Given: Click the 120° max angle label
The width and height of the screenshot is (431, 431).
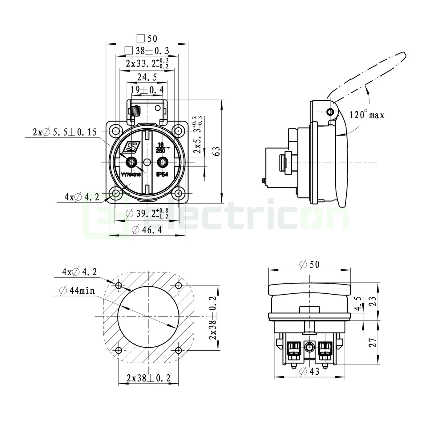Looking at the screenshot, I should (367, 115).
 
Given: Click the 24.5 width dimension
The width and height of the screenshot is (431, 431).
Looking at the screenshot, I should (147, 77).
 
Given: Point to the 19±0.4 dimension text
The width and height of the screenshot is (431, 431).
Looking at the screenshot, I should (147, 90).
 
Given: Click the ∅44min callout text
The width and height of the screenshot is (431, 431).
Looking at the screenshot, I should (77, 290).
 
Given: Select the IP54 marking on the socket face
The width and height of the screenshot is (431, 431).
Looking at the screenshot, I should (162, 174).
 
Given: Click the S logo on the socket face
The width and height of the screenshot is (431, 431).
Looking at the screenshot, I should (131, 147).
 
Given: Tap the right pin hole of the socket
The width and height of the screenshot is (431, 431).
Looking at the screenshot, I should (162, 162).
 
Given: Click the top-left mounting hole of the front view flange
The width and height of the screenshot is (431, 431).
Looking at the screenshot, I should (116, 131).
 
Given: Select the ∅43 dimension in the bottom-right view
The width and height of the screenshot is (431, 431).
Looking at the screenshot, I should (309, 372).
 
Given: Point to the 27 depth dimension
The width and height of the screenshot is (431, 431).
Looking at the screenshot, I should (373, 342).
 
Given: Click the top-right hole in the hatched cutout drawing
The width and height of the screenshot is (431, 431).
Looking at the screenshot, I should (178, 286).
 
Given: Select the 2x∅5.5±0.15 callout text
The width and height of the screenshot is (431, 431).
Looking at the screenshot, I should (65, 132).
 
